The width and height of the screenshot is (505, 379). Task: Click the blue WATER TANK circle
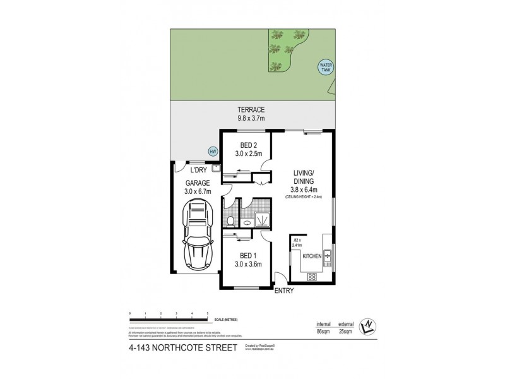(x=326, y=67)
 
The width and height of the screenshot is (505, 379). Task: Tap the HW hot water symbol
(x=213, y=151)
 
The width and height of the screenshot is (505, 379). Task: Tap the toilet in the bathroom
(x=231, y=221)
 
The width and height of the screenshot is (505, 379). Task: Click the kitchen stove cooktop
(x=311, y=276)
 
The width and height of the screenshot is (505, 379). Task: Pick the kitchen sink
(x=328, y=256)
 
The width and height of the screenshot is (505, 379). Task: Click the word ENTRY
(x=283, y=292)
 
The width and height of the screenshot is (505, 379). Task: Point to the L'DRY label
(x=199, y=169)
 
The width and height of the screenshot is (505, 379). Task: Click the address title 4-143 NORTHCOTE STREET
(x=179, y=347)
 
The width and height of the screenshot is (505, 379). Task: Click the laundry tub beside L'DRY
(x=215, y=169)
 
